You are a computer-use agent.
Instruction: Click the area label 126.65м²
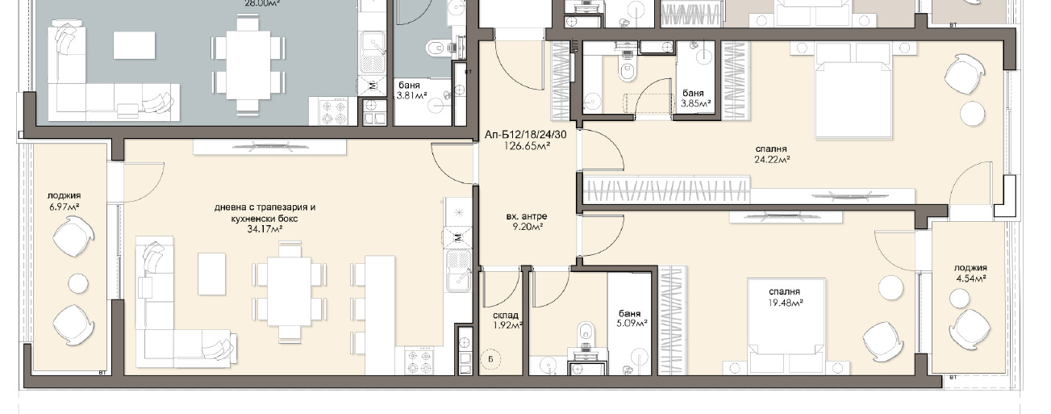pos(527,146)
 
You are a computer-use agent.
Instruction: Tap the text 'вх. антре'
pos(527,216)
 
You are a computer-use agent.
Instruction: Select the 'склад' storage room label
pos(505,315)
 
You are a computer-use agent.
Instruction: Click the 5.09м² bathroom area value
pos(632,324)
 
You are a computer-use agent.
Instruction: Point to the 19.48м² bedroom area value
pos(785,303)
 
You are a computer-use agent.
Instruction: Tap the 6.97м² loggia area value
pos(64,206)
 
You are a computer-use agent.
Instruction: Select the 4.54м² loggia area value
pos(970,278)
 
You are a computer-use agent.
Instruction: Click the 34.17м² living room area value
pos(265,229)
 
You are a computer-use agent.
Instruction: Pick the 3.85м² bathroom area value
pos(696,103)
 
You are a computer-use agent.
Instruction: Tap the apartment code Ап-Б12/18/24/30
pos(526,136)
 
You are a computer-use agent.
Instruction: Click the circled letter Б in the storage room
pos(490,360)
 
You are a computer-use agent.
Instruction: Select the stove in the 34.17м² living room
pos(419,361)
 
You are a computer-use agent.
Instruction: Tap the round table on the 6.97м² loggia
pos(78,283)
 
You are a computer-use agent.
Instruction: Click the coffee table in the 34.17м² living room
pos(212,274)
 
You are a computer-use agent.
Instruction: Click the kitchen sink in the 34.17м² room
pos(458,271)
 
